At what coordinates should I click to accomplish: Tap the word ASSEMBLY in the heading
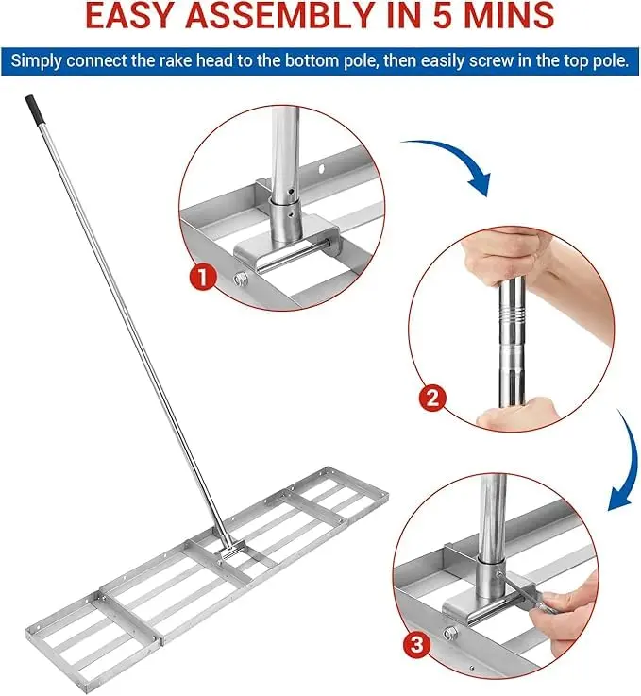click(278, 15)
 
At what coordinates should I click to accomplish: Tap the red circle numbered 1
click(203, 278)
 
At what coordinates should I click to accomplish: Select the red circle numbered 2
click(432, 398)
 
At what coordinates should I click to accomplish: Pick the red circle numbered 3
click(416, 644)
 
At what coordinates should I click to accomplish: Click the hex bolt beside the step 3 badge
click(451, 632)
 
